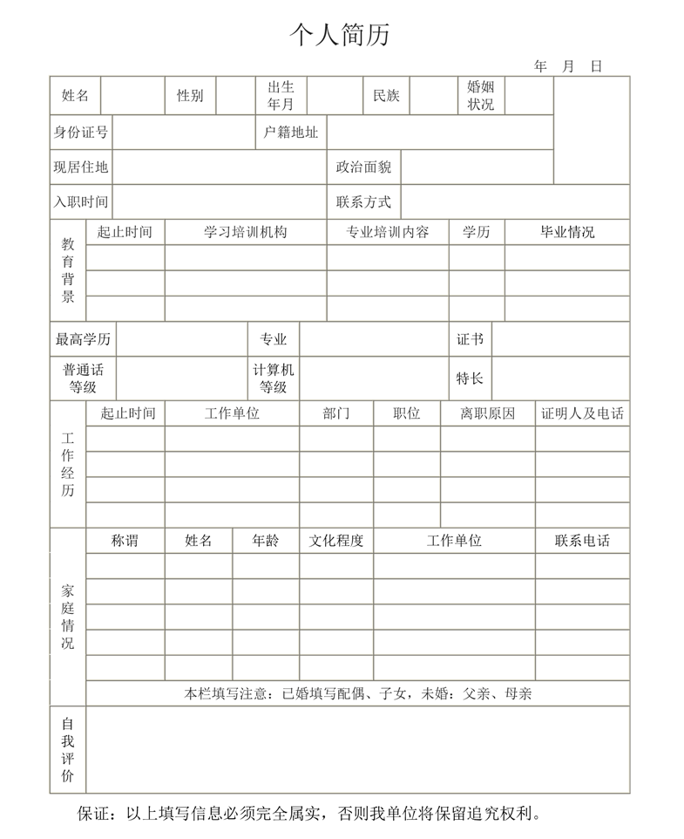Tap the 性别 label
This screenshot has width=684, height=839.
click(190, 96)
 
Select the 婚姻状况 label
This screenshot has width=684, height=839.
click(480, 96)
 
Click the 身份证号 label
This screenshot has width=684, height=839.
click(81, 133)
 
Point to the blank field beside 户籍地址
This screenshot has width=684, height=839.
click(440, 133)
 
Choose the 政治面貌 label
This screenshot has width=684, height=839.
click(363, 167)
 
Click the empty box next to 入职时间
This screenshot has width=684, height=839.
click(220, 201)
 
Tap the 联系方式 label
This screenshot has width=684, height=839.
click(363, 201)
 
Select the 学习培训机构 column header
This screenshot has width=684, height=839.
click(245, 232)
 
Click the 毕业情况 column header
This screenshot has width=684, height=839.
click(567, 232)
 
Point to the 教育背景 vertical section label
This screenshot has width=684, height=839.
click(68, 270)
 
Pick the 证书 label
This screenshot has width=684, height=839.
click(470, 339)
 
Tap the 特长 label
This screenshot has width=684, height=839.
click(470, 379)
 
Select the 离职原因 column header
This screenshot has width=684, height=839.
click(487, 413)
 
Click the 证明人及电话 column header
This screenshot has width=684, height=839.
click(582, 413)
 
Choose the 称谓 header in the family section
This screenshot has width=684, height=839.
click(125, 541)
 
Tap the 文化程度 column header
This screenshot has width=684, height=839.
click(336, 541)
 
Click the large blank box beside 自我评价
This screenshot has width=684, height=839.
click(357, 749)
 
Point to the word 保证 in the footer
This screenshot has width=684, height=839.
click(94, 814)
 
